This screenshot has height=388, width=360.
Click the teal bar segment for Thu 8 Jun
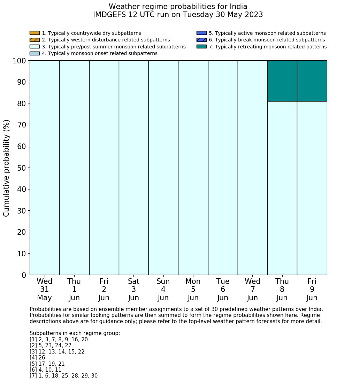click(x=282, y=81)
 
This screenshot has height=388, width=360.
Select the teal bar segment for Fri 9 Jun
click(x=312, y=81)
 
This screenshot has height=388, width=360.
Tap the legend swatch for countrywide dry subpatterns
click(x=35, y=33)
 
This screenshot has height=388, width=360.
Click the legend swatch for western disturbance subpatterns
click(x=35, y=40)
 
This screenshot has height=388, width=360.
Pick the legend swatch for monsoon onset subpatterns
click(x=35, y=53)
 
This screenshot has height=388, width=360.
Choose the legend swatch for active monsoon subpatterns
click(x=201, y=33)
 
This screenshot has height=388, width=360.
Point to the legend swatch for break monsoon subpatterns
click(x=201, y=40)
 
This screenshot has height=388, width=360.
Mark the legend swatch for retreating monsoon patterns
click(x=201, y=47)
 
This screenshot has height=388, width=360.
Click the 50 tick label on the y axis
click(x=22, y=168)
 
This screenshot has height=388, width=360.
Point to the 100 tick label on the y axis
click(x=20, y=61)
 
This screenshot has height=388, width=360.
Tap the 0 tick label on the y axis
click(x=24, y=276)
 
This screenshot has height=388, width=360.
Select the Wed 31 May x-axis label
click(x=44, y=289)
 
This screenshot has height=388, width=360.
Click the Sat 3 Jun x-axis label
click(x=133, y=289)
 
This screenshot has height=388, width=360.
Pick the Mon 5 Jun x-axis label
click(x=193, y=289)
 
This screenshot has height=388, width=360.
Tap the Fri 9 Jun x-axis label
click(x=312, y=289)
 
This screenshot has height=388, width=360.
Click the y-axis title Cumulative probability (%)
click(x=7, y=168)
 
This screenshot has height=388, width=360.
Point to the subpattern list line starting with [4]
click(x=37, y=358)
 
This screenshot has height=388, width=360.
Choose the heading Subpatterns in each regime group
click(x=75, y=333)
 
